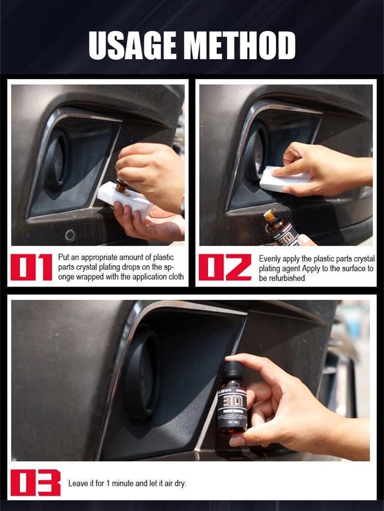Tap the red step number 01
tap(31, 267)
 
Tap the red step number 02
tap(225, 267)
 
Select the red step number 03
tap(36, 483)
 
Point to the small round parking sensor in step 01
tap(70, 235)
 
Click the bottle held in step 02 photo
tap(282, 228)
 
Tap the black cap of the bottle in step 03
tap(232, 369)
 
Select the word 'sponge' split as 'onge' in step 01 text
tap(67, 277)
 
